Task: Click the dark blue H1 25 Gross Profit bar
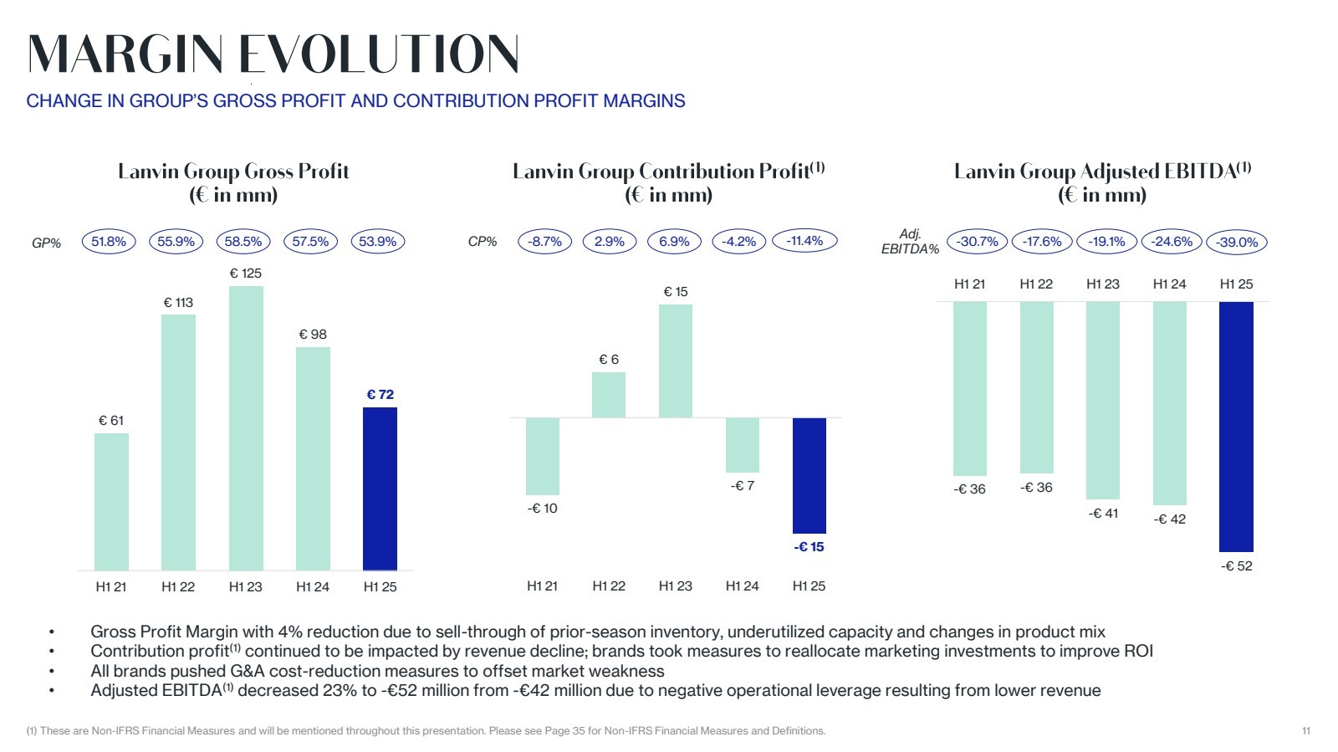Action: [x=380, y=489]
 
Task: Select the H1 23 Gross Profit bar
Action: [x=246, y=428]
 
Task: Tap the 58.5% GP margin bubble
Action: [x=243, y=242]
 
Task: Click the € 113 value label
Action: [x=178, y=302]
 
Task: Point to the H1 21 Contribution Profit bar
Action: [x=542, y=456]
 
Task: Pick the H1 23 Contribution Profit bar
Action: [x=675, y=361]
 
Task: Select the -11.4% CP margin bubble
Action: [x=804, y=241]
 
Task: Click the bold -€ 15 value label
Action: [x=809, y=547]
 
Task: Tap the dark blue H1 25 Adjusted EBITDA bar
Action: [x=1236, y=426]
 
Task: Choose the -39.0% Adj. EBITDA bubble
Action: [x=1237, y=243]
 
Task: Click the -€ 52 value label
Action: [x=1237, y=566]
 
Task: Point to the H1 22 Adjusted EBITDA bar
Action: [x=1036, y=387]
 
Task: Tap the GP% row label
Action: [x=47, y=243]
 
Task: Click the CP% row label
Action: [x=483, y=242]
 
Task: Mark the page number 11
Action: [x=1305, y=731]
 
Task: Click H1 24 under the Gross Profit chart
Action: [x=313, y=587]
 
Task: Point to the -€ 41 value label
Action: [x=1103, y=514]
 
